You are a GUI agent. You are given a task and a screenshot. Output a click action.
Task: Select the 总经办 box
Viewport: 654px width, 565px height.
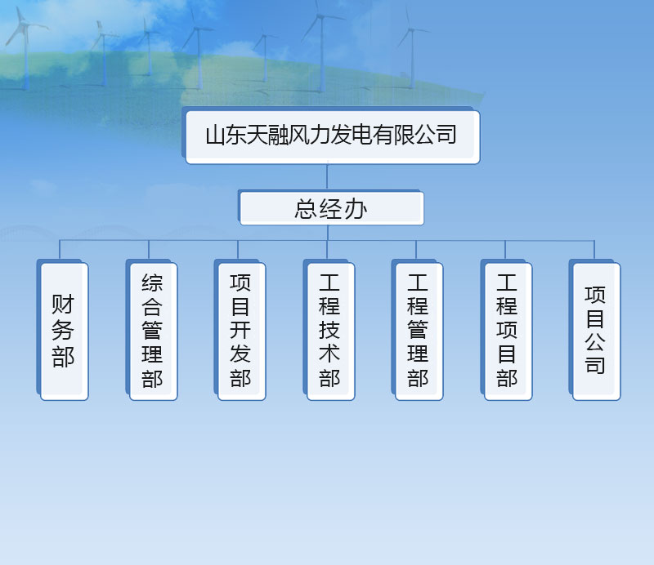coord(332,208)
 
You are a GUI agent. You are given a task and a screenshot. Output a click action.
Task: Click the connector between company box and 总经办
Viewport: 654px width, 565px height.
coord(327,177)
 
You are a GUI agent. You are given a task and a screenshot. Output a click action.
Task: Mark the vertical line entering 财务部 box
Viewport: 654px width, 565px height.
coord(60,250)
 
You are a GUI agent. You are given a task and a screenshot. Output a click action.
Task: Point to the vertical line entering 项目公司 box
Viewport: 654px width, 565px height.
coord(594,250)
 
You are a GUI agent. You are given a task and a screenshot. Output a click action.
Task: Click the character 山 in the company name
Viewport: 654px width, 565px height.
coord(216,136)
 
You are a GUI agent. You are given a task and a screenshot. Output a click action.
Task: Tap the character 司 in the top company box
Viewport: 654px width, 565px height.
coord(446,135)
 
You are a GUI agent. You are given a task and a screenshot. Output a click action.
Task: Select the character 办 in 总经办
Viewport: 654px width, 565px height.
coord(356,209)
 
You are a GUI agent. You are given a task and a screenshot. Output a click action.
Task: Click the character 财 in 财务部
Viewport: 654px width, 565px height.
coord(63,304)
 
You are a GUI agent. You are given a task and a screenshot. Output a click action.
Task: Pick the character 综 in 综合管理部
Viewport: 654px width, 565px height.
coord(152,282)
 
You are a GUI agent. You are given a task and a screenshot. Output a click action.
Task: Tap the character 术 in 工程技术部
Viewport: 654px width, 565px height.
coord(329,354)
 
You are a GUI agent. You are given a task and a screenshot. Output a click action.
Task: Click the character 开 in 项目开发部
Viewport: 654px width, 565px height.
coord(240,330)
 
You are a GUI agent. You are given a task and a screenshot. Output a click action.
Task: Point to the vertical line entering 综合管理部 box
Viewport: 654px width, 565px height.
coord(149,250)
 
